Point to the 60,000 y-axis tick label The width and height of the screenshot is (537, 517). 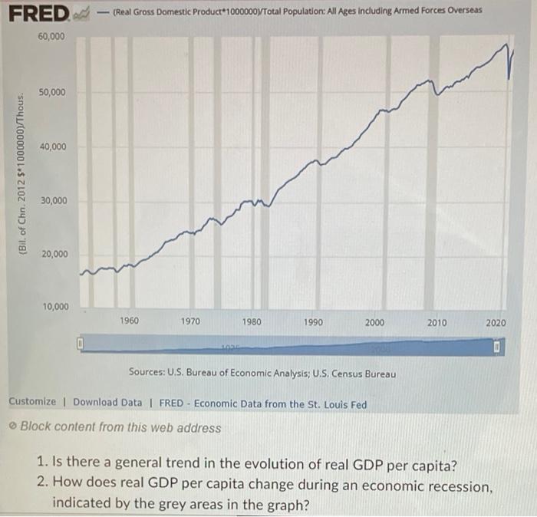tap(52, 36)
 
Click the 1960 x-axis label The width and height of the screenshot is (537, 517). tap(130, 322)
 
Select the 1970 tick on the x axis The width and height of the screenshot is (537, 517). tap(191, 322)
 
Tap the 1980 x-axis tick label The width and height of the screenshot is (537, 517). tap(252, 322)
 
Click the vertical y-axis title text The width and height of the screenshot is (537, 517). tap(22, 173)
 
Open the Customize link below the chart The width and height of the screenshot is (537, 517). tap(31, 402)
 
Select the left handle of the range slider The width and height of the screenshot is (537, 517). tap(78, 343)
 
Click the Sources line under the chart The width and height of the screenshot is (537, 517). tap(262, 374)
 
